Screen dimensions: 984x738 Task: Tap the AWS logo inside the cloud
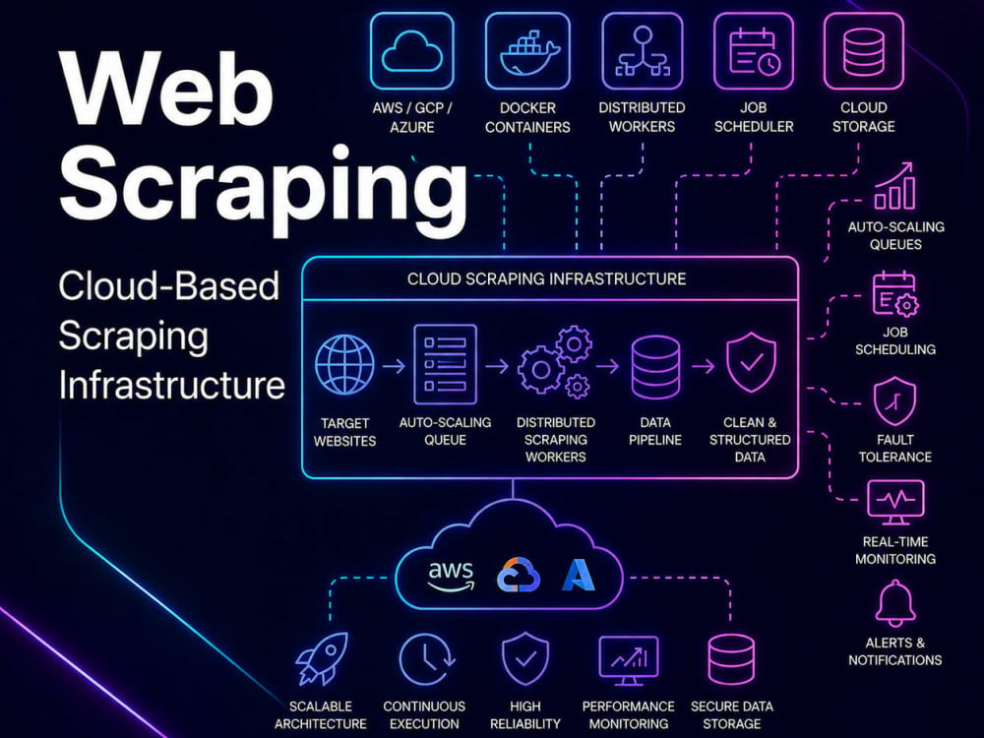(x=451, y=576)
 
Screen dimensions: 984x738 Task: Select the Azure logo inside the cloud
(x=578, y=575)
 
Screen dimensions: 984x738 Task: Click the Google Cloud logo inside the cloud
(x=519, y=575)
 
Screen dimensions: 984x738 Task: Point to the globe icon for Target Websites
(x=344, y=365)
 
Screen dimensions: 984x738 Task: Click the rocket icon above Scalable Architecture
(x=322, y=658)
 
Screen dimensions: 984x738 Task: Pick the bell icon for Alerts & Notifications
(x=894, y=603)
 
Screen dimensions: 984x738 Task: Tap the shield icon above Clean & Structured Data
(x=751, y=363)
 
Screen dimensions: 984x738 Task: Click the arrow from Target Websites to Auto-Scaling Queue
(x=395, y=365)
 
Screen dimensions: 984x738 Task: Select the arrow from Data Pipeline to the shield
(x=704, y=365)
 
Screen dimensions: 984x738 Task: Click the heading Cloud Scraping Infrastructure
(x=546, y=278)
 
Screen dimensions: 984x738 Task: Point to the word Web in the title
(x=167, y=90)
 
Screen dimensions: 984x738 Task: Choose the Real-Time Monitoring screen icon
(x=894, y=503)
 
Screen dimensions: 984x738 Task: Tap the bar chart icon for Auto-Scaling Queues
(x=894, y=186)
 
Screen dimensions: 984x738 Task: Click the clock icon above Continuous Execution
(x=427, y=659)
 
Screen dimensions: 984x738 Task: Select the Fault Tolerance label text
(x=894, y=448)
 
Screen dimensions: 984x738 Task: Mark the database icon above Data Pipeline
(x=655, y=367)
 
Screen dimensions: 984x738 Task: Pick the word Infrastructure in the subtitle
(x=172, y=385)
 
